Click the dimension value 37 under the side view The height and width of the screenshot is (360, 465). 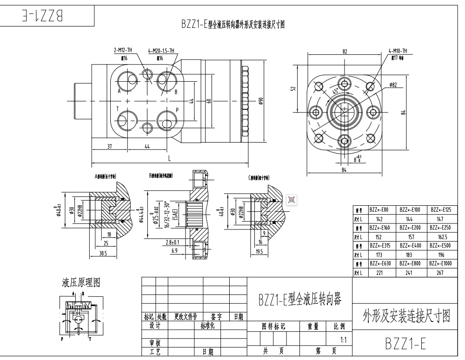[109, 147]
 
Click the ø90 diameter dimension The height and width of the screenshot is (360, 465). [261, 101]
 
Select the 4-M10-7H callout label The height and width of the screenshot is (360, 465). [399, 51]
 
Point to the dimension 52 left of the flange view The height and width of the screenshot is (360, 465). [293, 89]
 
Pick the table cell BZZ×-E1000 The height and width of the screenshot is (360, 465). [441, 263]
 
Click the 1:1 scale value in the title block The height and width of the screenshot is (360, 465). [343, 340]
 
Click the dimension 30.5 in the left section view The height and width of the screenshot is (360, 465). [103, 254]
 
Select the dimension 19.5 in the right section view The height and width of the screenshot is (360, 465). [259, 251]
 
